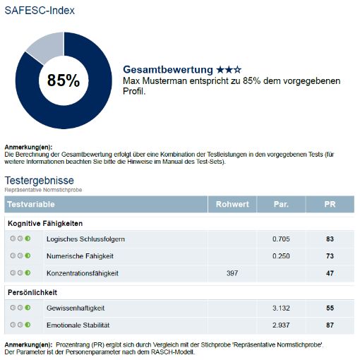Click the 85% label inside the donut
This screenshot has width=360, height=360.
[64, 80]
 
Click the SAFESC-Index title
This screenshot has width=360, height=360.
[40, 11]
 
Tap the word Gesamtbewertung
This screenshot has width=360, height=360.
[168, 70]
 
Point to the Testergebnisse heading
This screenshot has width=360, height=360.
[40, 180]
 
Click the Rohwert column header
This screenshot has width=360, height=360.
[232, 205]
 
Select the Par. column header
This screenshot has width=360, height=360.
[281, 205]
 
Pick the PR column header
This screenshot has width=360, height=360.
[330, 205]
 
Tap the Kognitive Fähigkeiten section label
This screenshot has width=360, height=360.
[47, 224]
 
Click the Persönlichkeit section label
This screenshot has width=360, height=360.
[32, 292]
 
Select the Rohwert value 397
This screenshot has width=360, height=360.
[233, 272]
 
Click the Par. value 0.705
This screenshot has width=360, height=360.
[281, 239]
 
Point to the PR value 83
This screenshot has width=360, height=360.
[330, 239]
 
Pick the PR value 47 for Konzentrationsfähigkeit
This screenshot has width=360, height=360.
[330, 272]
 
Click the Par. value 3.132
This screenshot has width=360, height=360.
[281, 307]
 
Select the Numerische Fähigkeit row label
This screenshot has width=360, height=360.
[80, 256]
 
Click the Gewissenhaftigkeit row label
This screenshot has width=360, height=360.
[76, 307]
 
